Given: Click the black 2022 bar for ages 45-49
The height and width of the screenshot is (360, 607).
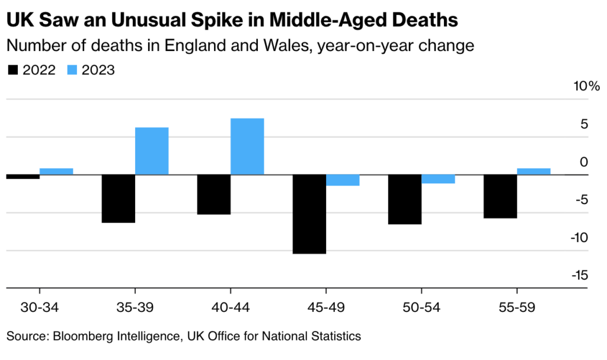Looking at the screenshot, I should coord(309,214).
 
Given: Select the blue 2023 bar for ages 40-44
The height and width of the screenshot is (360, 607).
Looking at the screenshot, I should coord(247,146).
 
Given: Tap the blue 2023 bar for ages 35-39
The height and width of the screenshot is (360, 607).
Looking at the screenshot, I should coord(152,151).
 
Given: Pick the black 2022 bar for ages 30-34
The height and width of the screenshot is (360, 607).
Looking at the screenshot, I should coord(23,177).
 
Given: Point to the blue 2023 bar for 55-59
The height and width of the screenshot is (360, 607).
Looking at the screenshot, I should coord(533,171).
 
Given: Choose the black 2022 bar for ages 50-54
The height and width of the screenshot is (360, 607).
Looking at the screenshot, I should coord(404,199).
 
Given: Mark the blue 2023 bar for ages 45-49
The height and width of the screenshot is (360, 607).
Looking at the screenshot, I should coord(343,180).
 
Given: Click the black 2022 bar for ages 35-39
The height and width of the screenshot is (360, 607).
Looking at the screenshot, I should coord(119,199).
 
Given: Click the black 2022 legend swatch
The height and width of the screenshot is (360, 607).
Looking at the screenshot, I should coord(12,70).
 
